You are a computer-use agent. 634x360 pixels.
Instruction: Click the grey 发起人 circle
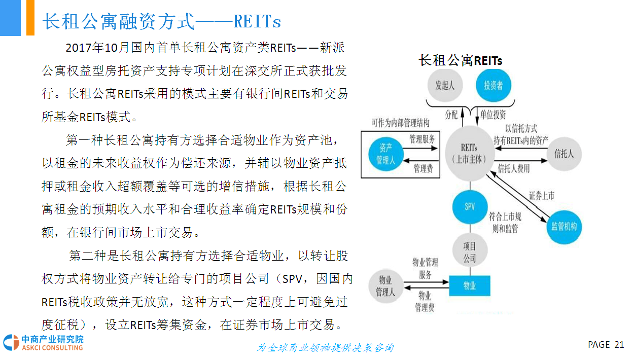pos(445,85)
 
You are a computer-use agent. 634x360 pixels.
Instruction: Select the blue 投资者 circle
pos(494,85)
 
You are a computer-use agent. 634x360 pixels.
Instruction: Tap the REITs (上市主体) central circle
pos(470,154)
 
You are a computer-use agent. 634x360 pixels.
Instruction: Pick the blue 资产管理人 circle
pos(386,154)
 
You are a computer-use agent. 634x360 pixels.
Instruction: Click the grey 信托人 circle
pos(564,154)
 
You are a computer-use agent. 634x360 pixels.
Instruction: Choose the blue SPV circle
pos(470,207)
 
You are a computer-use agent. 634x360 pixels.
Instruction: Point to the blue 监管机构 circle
pos(564,227)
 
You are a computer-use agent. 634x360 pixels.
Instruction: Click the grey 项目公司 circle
pos(470,250)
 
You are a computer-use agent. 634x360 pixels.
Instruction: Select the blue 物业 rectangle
pos(470,286)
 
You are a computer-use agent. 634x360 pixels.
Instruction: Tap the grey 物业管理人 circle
pos(385,286)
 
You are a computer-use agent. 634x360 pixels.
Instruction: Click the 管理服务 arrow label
pos(422,139)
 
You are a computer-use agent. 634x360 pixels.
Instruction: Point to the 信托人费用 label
pos(514,169)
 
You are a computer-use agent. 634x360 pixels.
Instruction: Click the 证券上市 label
pos(542,196)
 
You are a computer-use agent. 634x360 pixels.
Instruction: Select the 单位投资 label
pos(493,115)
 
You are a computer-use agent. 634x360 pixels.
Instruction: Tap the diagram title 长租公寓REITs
pos(461,60)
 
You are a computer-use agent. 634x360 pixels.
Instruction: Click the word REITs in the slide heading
pos(257,21)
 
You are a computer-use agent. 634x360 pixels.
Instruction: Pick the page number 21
pos(619,344)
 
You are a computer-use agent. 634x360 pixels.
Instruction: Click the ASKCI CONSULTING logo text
pos(52,347)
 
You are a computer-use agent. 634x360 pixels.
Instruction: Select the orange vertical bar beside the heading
pos(30,18)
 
